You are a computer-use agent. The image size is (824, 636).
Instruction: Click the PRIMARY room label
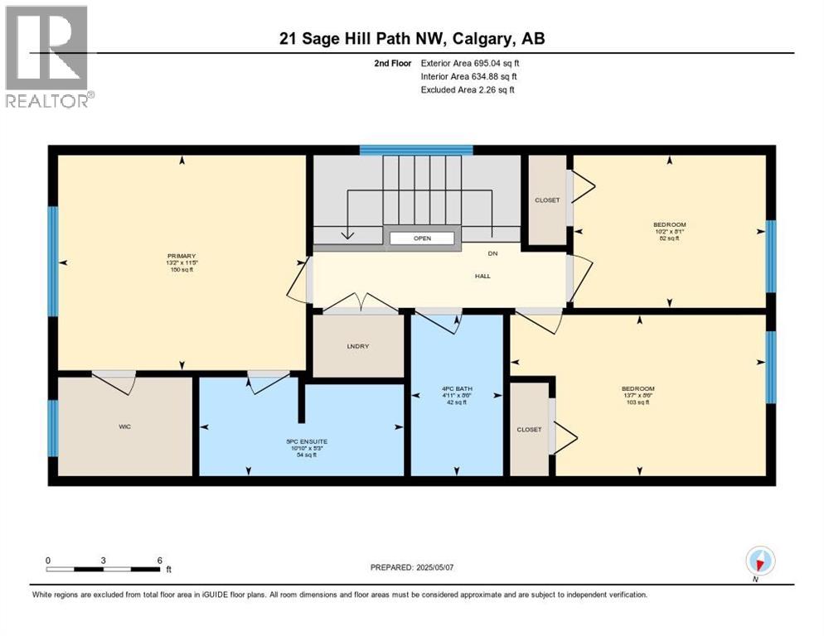(180, 256)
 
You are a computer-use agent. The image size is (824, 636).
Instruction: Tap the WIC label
(125, 426)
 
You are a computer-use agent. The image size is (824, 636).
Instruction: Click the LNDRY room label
(358, 346)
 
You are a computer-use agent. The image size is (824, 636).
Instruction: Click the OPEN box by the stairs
(423, 238)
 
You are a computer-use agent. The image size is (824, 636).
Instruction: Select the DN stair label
(492, 254)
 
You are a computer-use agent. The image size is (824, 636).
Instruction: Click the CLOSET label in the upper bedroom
(547, 200)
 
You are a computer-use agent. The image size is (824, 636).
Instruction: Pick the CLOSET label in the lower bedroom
(529, 429)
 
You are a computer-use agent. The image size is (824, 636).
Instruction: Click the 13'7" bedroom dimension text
(638, 396)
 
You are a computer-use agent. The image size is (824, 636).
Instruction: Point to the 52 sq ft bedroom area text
(669, 238)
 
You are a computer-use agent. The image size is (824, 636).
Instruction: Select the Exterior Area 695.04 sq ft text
(470, 63)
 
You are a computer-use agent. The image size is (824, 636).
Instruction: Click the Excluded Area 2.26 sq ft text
(468, 89)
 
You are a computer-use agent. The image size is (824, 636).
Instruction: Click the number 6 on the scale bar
(158, 560)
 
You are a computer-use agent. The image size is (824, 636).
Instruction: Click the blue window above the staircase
(415, 150)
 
